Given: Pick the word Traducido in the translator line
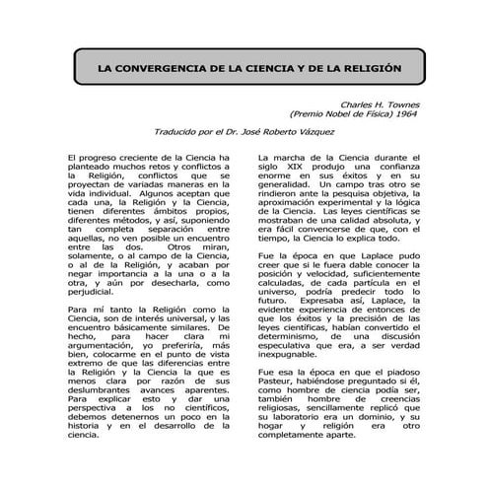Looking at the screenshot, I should pos(162,131).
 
